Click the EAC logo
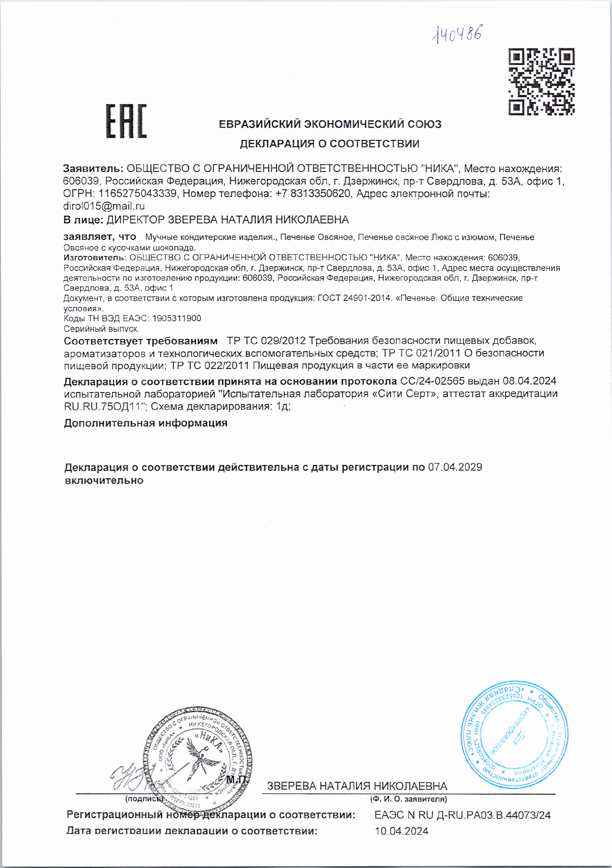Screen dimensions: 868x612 point(126,121)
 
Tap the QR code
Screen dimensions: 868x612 point(541,82)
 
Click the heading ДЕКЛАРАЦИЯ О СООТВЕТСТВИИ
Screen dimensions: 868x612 point(329,144)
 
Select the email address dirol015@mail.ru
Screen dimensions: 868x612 point(104,206)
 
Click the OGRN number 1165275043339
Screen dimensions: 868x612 point(137,194)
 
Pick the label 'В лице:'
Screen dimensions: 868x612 point(83,220)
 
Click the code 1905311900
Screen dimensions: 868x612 point(177,318)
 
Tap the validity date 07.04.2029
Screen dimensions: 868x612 point(455,467)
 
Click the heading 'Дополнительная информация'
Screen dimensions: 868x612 point(145,423)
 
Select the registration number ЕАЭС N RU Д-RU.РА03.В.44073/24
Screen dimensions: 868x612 point(462,815)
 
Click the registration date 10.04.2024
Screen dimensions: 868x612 point(401,832)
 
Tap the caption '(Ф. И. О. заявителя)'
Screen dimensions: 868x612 point(408,799)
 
